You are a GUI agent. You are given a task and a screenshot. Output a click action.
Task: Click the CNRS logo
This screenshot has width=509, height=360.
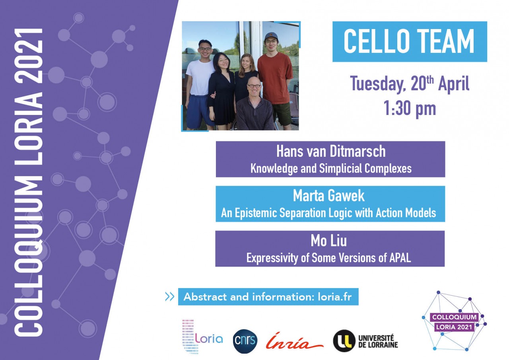(245, 341)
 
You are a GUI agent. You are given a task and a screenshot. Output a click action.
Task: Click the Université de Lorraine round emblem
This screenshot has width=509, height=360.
(344, 341)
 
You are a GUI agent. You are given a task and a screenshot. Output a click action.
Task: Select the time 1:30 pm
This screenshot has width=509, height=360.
(410, 109)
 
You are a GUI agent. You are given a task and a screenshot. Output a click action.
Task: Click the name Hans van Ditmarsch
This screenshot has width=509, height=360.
(331, 152)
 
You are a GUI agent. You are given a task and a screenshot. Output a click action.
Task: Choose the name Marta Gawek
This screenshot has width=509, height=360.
(329, 196)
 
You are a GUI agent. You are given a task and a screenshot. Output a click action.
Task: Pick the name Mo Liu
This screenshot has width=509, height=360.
(329, 241)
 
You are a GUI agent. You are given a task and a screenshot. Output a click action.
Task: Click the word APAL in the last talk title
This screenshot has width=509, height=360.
(400, 258)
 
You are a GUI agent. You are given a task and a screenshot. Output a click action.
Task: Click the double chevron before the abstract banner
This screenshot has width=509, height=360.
(170, 297)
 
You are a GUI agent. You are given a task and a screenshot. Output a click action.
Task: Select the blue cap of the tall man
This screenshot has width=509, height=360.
(271, 36)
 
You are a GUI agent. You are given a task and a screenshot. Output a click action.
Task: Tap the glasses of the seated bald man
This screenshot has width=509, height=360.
(254, 86)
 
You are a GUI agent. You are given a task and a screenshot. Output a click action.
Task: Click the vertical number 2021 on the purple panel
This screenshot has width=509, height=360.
(29, 56)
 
